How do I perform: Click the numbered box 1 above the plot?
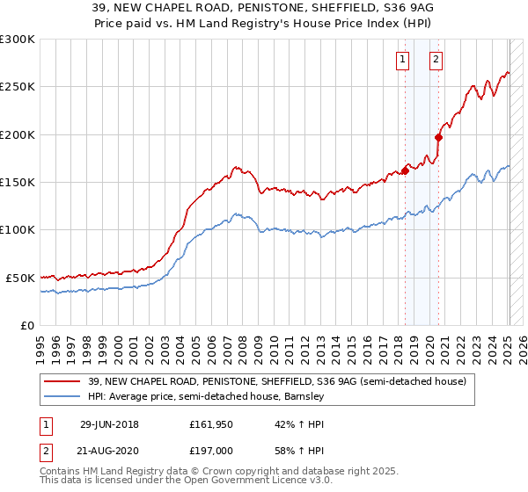402,60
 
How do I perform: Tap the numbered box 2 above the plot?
436,60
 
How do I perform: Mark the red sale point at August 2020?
439,136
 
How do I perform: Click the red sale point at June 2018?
406,170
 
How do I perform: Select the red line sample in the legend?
62,381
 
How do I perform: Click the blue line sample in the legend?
62,396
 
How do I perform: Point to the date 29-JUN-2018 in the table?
109,424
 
